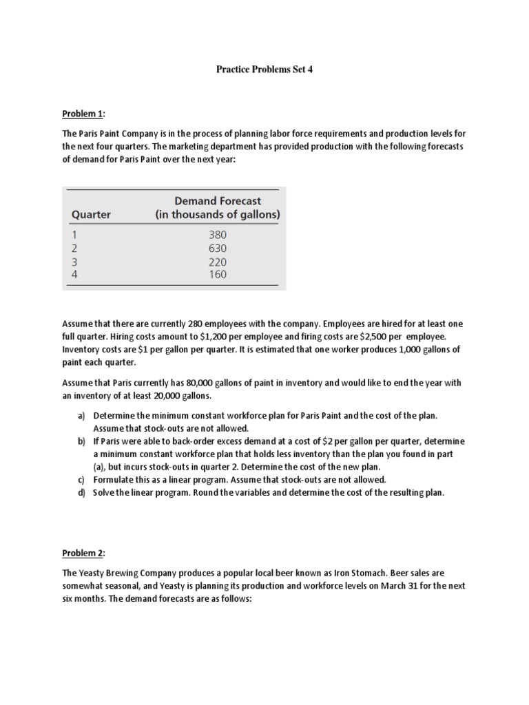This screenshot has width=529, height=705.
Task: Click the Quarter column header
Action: coord(91,215)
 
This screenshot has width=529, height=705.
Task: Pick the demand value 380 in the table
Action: coord(218,235)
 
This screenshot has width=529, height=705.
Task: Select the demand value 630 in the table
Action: coord(218,249)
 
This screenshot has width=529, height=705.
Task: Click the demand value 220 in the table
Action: coord(218,262)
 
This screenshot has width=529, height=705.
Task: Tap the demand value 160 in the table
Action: coord(218,275)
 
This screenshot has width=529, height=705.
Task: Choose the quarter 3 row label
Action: coord(75,262)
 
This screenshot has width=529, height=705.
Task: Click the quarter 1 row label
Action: coord(75,235)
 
